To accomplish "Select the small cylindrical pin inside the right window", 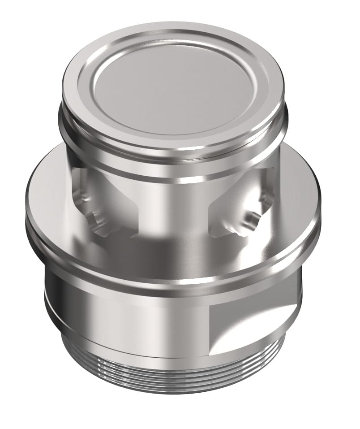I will (252, 219).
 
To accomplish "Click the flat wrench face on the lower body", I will (251, 327).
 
